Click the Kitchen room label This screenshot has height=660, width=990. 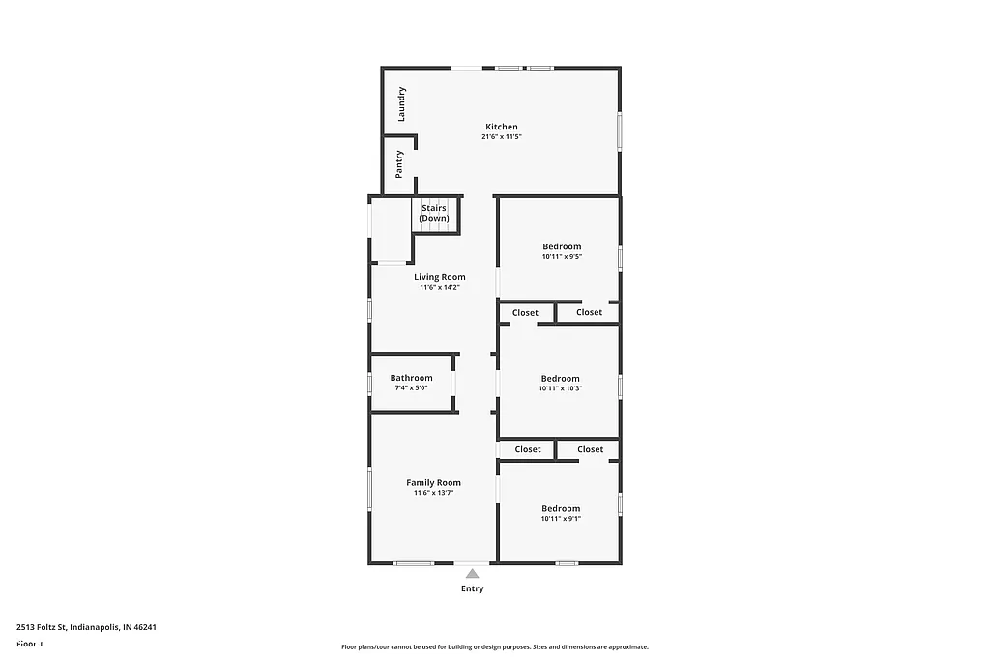click(502, 127)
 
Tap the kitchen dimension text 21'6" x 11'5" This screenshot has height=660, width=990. click(502, 137)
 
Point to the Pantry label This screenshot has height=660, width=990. click(400, 163)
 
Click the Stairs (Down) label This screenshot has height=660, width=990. click(434, 213)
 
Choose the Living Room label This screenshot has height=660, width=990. click(440, 277)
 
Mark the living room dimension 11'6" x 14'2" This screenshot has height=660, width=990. click(440, 288)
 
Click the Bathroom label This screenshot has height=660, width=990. click(412, 378)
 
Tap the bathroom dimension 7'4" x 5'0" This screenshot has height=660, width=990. click(412, 388)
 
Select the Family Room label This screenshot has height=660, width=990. click(433, 482)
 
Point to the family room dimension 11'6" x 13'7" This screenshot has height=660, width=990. click(433, 493)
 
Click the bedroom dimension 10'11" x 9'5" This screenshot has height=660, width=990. click(561, 257)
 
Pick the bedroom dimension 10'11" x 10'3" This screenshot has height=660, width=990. click(561, 389)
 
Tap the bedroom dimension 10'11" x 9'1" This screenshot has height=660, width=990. click(561, 519)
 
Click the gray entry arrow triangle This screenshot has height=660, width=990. click(472, 574)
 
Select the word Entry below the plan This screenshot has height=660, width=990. click(472, 588)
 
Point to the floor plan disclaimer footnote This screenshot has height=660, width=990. click(494, 647)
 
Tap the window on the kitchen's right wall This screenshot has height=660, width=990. click(620, 130)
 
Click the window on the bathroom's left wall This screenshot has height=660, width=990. click(369, 384)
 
